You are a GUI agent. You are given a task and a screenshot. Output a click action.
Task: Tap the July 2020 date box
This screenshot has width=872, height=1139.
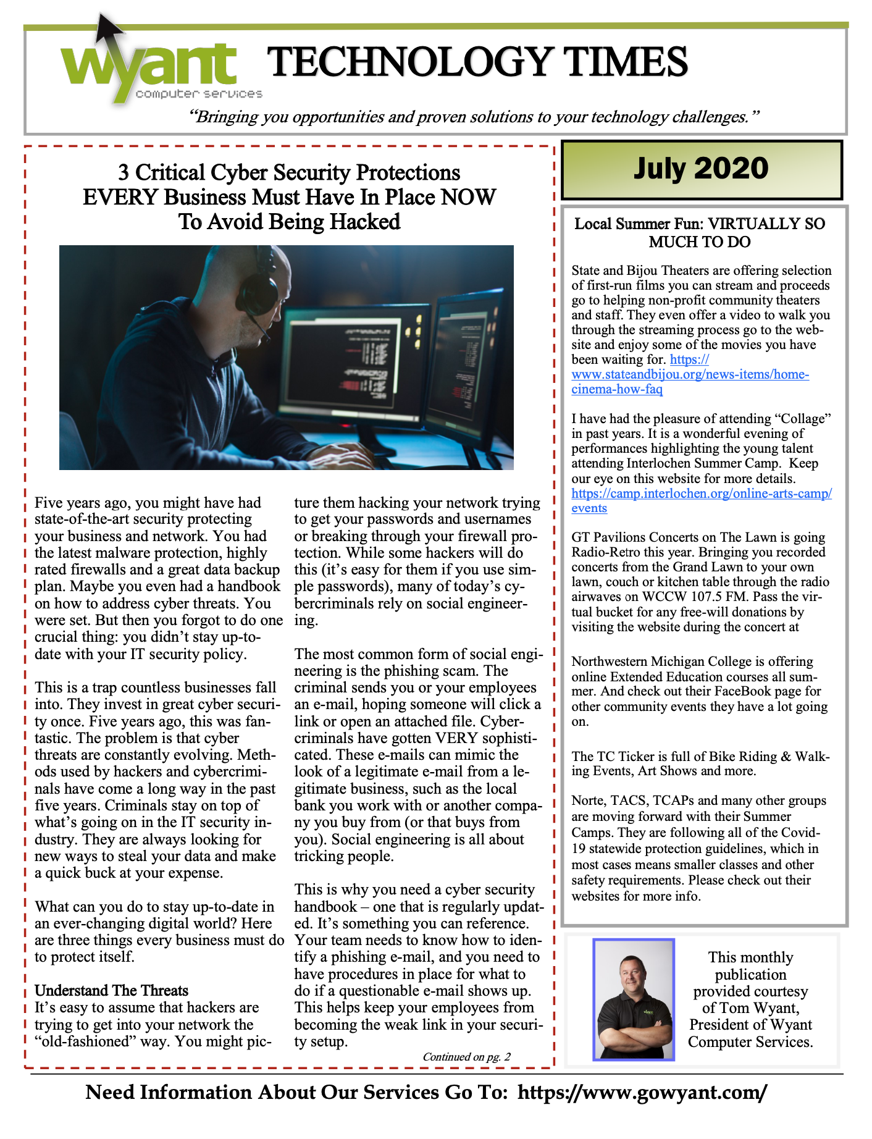pos(701,169)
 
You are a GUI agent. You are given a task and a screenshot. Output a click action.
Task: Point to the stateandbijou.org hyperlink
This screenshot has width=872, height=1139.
pos(690,375)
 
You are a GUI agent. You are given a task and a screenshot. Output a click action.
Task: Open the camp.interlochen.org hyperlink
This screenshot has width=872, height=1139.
pos(701,494)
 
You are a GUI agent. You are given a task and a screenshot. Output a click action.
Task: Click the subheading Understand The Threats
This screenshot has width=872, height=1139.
pos(111,991)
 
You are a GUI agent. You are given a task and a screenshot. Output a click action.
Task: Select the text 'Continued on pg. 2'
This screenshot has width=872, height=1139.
pos(466,1057)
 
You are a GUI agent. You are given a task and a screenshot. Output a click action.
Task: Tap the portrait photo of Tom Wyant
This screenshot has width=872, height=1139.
pos(634,999)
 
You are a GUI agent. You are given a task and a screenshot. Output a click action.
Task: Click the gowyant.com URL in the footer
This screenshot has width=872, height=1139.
pos(642,1093)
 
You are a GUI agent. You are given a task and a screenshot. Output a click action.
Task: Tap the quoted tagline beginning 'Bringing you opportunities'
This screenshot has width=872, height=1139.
pos(474,117)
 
